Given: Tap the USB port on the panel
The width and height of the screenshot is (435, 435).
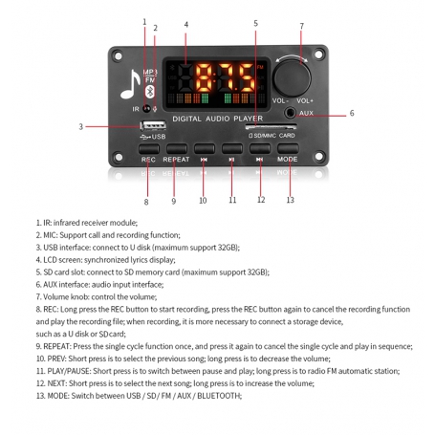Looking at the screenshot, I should pos(152,126).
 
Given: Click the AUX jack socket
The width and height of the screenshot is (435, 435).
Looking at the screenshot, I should pos(290,114).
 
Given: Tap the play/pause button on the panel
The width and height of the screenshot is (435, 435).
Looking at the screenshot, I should pos(232,148).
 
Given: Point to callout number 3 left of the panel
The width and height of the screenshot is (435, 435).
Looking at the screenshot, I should pos(81,126).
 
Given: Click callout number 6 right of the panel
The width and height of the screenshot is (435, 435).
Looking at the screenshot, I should pos(351,113).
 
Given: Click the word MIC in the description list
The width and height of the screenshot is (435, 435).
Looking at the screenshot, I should pos(54,234).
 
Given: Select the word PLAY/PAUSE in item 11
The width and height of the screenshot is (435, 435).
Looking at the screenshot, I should pos(69,370).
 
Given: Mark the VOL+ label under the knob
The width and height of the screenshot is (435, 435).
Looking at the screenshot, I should pos(306,100).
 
